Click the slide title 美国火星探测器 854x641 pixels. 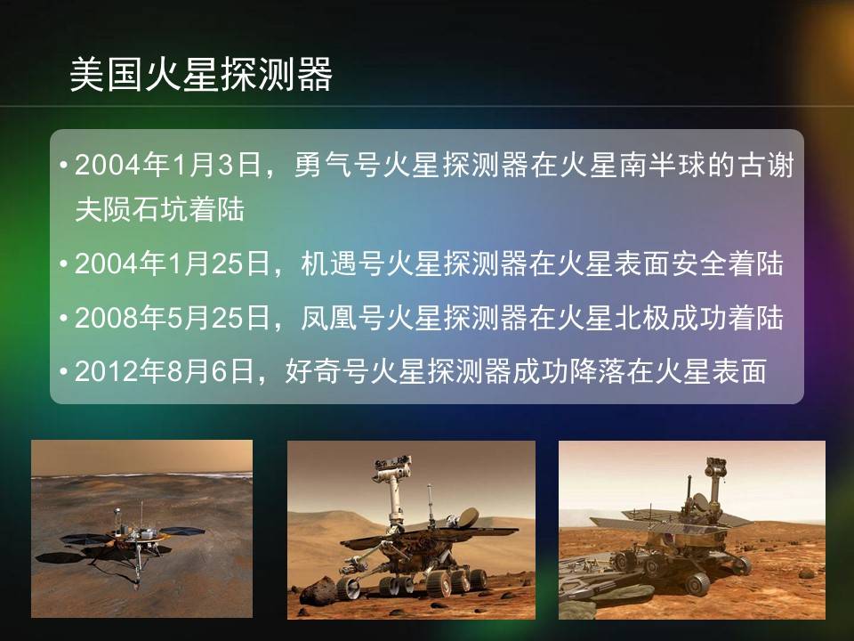click(x=201, y=74)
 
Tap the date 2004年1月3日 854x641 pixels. click(x=168, y=165)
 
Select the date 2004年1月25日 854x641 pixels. click(x=173, y=264)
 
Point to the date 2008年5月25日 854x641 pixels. click(x=173, y=317)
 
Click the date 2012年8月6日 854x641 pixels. click(x=165, y=371)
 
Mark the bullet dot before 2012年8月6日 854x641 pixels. click(x=64, y=372)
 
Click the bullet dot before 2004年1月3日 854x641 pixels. click(x=64, y=165)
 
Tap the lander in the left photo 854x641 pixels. click(x=128, y=542)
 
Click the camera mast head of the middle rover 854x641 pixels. click(x=391, y=469)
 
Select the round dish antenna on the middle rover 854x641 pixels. click(x=467, y=518)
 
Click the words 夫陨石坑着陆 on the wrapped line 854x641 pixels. click(x=159, y=210)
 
